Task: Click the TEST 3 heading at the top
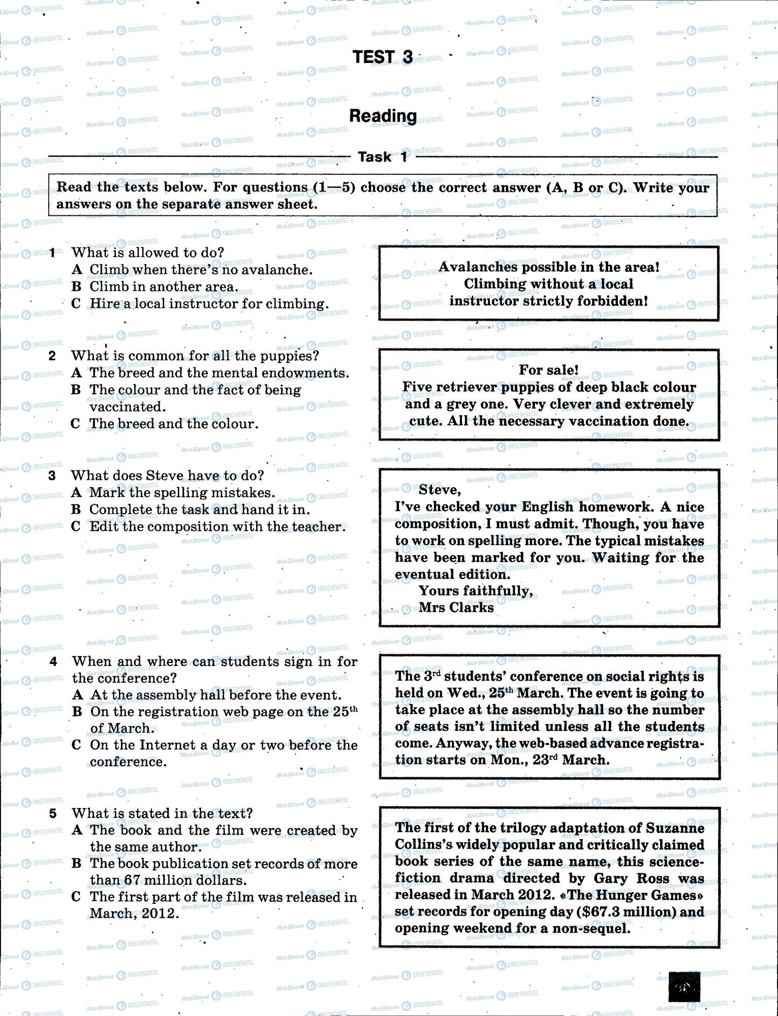coord(383,57)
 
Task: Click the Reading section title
coord(383,116)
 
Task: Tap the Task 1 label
coord(383,157)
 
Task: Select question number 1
coord(52,252)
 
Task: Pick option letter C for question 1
coord(76,304)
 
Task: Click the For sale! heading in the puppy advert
coord(548,370)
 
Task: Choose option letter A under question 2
coord(77,373)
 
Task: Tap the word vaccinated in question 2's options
coord(127,407)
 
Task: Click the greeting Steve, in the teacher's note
coord(440,490)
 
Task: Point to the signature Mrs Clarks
coord(456,608)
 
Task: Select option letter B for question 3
coord(76,510)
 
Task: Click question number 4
coord(53,661)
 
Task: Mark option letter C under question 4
coord(77,745)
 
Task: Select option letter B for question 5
coord(77,864)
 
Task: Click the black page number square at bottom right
coord(683,987)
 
